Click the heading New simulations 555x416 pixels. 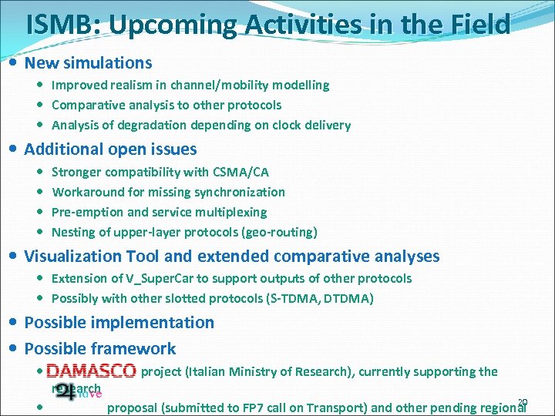coord(88,63)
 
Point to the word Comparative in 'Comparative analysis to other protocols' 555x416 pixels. coord(86,105)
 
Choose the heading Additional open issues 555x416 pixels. coord(110,149)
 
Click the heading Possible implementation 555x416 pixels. coord(119,323)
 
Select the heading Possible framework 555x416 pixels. coord(100,349)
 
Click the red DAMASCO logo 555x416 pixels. coord(91,371)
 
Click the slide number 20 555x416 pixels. coord(522,402)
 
